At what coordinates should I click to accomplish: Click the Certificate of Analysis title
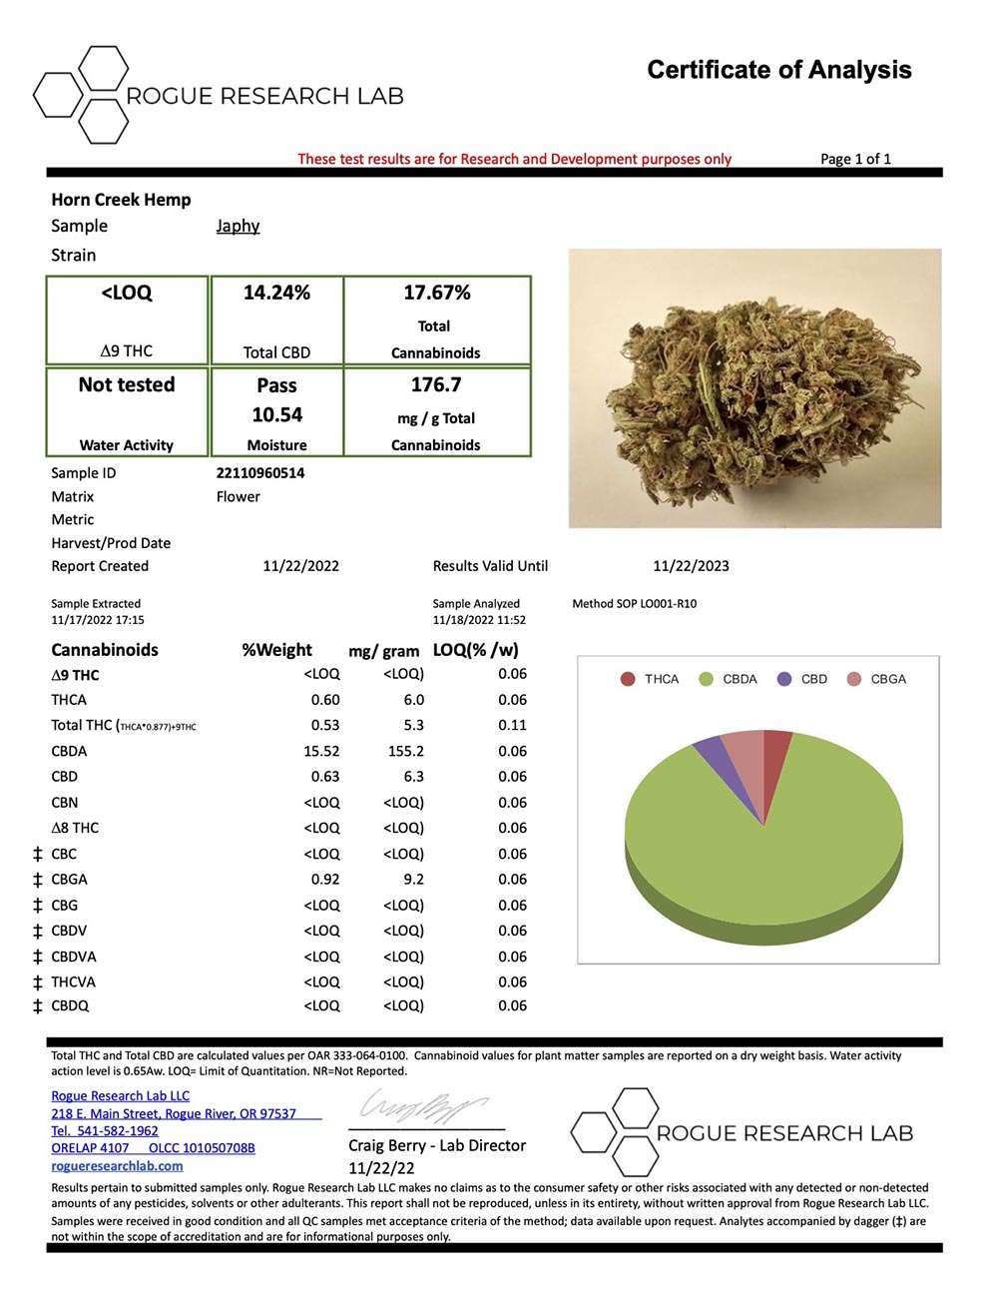point(778,70)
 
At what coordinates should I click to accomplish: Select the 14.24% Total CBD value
point(276,293)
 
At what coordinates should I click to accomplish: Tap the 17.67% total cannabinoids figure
point(436,293)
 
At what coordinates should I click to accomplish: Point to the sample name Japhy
point(238,226)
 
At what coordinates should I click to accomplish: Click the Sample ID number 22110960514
point(260,473)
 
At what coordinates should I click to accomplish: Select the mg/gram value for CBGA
point(413,880)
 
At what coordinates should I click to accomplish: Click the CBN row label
point(65,803)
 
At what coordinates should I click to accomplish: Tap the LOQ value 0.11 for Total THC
point(512,726)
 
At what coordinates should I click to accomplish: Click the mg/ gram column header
point(383,651)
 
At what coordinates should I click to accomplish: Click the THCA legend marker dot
point(628,679)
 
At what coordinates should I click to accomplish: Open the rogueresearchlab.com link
point(117,1165)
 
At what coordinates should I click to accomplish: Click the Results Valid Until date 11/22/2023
point(691,566)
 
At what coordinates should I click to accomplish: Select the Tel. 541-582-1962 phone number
point(105,1130)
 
